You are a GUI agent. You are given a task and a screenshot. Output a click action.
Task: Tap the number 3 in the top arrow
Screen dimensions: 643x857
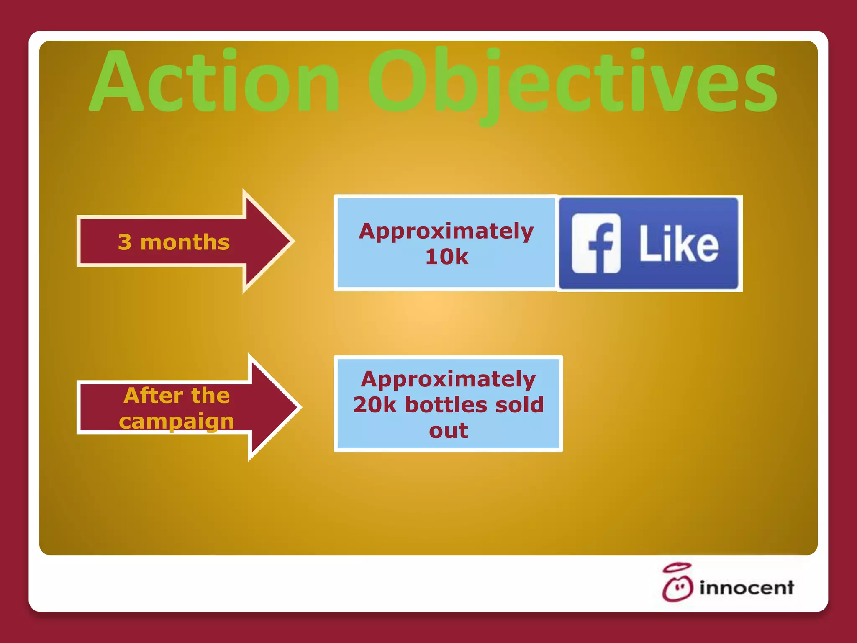pos(125,242)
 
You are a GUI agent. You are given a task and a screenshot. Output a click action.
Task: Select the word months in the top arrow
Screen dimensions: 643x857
pos(185,242)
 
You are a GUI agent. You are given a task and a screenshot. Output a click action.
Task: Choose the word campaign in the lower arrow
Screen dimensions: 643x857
pos(176,421)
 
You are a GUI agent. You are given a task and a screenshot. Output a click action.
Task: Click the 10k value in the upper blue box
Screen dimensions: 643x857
pos(446,257)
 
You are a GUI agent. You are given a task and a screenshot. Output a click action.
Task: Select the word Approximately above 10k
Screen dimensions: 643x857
pos(446,231)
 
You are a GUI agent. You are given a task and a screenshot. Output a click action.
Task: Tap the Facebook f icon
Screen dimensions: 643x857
pos(596,243)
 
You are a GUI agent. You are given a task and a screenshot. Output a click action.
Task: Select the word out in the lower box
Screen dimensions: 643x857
pos(448,431)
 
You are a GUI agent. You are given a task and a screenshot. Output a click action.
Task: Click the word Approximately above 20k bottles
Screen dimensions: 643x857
pos(448,379)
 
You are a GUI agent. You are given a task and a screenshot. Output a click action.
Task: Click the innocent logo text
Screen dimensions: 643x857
pos(747,588)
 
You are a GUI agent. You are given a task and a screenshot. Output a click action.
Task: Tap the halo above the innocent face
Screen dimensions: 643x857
pos(677,568)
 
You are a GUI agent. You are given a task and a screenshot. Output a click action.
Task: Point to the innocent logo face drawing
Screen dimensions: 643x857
pos(677,589)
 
